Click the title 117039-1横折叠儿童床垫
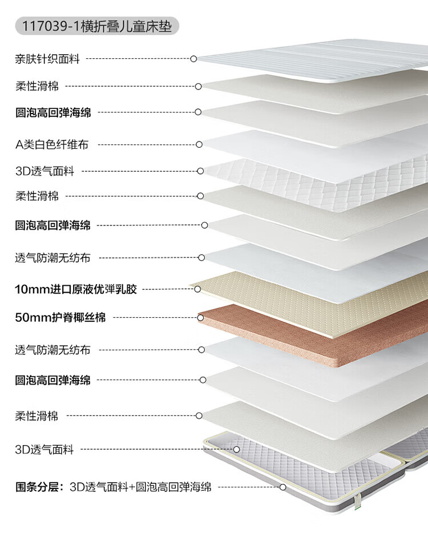point(97,26)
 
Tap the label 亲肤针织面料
point(47,58)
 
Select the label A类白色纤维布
point(52,144)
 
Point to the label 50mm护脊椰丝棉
point(60,317)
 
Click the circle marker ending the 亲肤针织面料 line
point(193,58)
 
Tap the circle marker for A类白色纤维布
point(199,144)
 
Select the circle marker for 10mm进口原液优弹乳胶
point(197,289)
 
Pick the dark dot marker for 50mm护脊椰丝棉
point(200,317)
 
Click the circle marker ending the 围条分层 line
point(282,487)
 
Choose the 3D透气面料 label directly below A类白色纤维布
point(45,171)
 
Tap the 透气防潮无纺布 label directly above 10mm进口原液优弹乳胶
point(53,257)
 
